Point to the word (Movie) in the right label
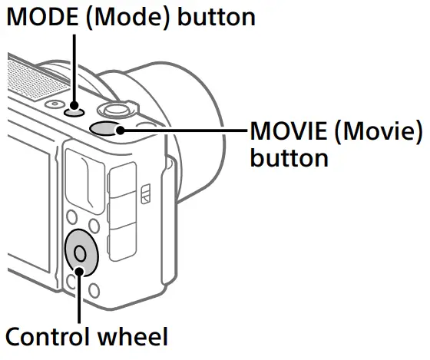[380, 133]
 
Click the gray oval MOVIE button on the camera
[108, 127]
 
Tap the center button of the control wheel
[79, 251]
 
